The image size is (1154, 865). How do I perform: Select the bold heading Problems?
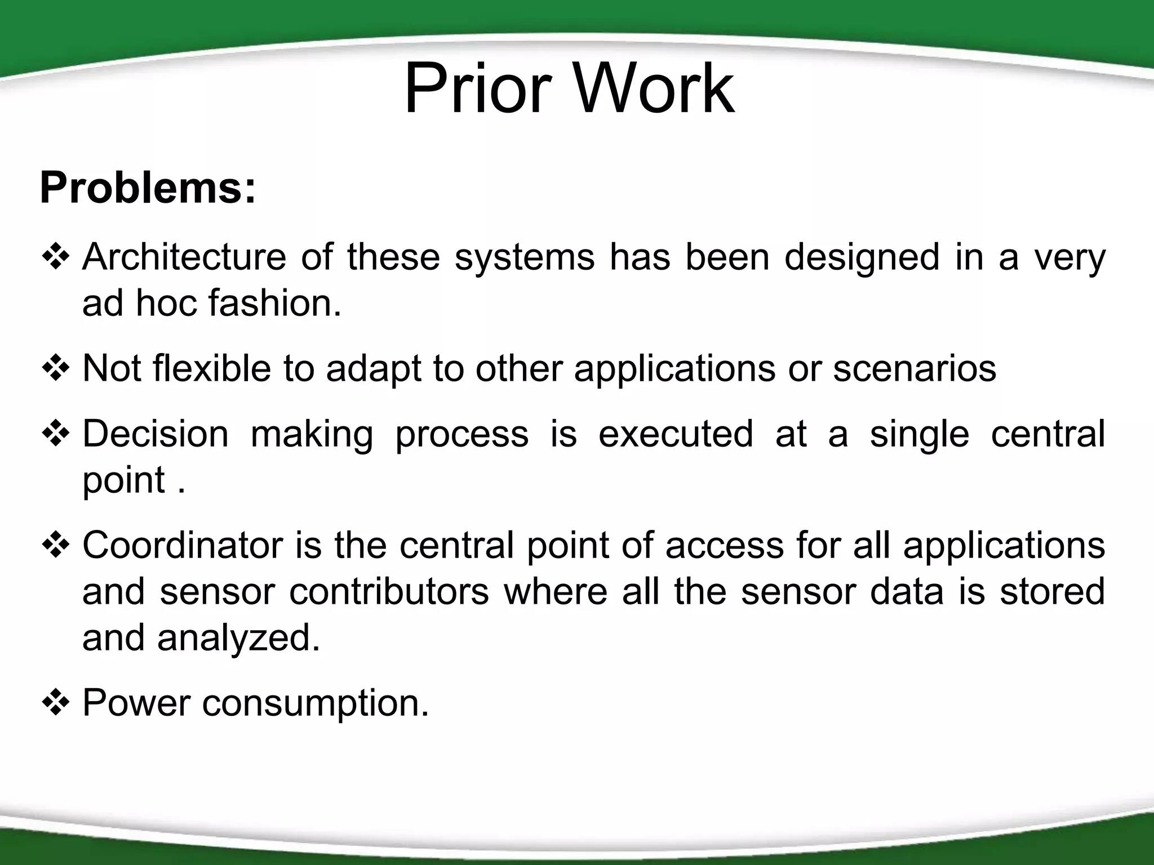point(148,188)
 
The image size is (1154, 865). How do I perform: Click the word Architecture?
point(184,257)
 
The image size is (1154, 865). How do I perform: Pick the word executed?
point(676,434)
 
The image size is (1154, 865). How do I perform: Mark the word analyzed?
point(238,638)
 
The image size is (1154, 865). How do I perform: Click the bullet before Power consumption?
point(56,704)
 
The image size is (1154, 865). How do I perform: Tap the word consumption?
point(315,704)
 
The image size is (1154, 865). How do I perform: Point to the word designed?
point(862,257)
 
